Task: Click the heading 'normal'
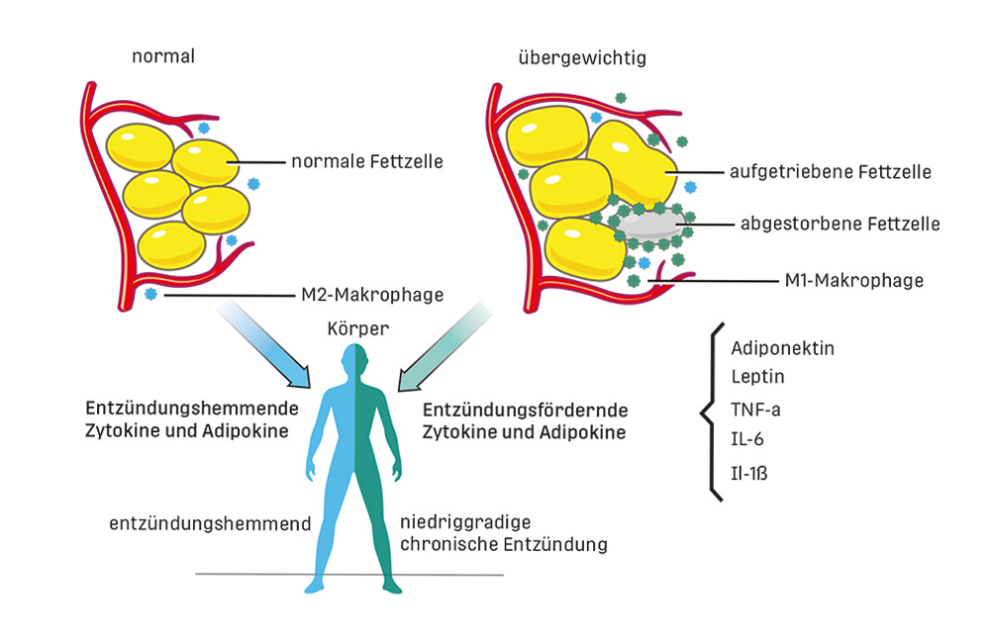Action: [163, 56]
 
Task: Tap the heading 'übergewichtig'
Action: [582, 58]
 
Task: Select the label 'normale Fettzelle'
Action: [367, 161]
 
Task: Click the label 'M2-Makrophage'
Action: [372, 295]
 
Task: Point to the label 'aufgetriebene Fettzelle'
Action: [831, 172]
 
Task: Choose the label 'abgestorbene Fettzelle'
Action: [840, 224]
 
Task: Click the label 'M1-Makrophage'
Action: [853, 280]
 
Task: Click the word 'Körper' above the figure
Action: [358, 328]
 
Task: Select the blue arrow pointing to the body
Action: [265, 344]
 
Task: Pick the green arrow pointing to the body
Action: [445, 347]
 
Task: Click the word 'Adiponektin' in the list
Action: [782, 348]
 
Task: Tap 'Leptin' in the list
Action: [757, 377]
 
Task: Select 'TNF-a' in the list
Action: [755, 411]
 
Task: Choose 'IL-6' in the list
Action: [746, 439]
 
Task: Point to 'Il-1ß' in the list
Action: [748, 473]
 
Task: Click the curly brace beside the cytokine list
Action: [710, 413]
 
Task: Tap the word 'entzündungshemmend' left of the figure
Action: [210, 523]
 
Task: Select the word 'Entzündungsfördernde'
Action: [526, 411]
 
